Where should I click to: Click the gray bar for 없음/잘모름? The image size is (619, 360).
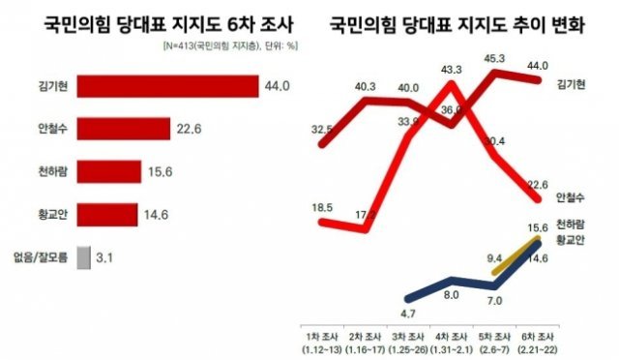point(83,257)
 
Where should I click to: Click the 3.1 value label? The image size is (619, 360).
point(109,257)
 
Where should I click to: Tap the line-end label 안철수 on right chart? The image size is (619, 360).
point(574,198)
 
